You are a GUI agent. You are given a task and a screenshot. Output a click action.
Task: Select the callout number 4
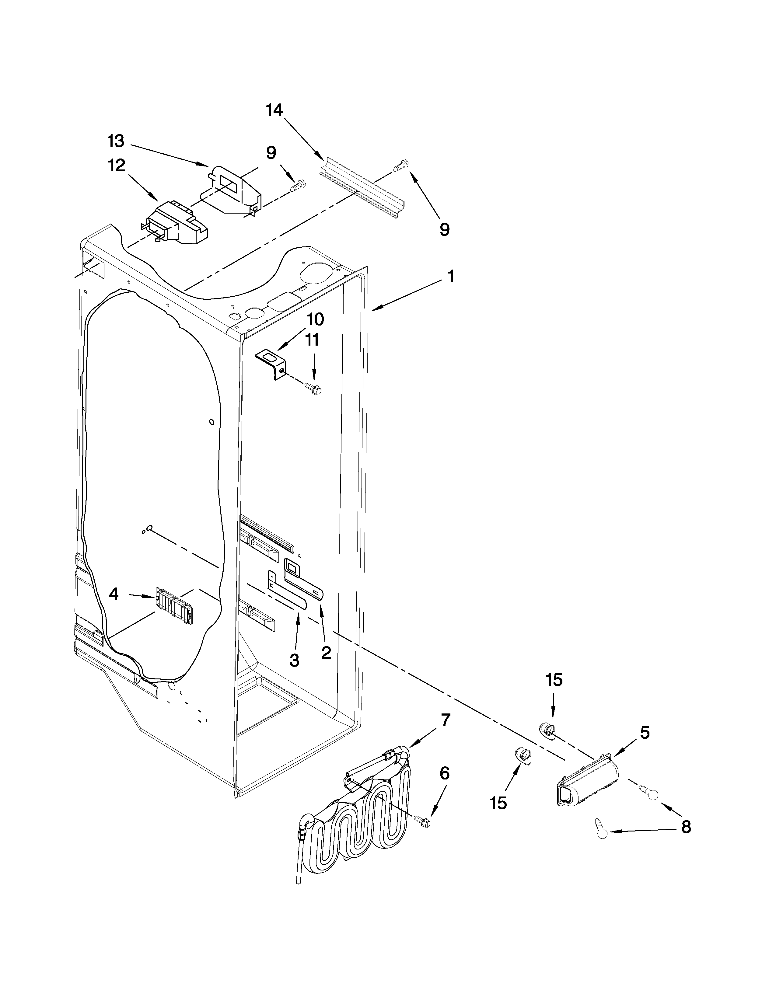(114, 594)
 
